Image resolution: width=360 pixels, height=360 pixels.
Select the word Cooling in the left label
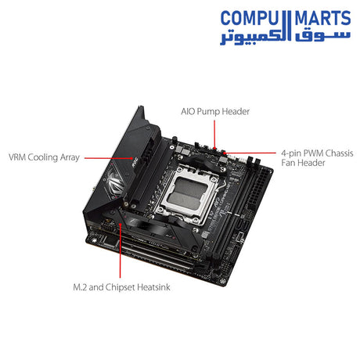click(x=43, y=156)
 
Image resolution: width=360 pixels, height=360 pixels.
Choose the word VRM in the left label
click(x=16, y=156)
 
